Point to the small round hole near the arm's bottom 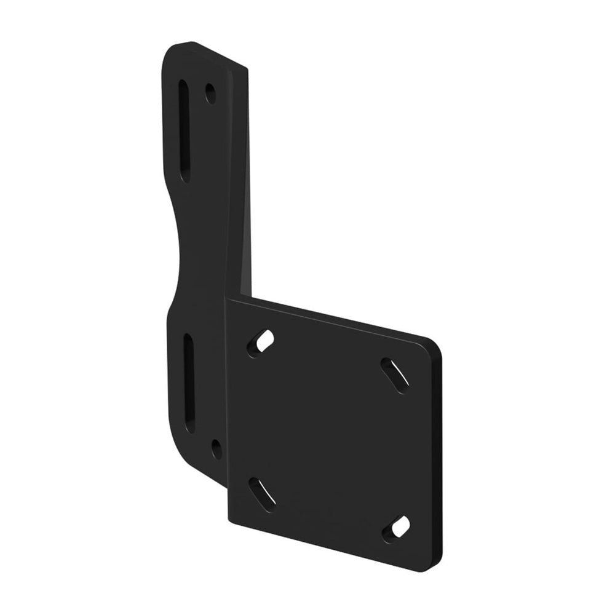[216, 448]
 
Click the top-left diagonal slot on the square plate [261, 342]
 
